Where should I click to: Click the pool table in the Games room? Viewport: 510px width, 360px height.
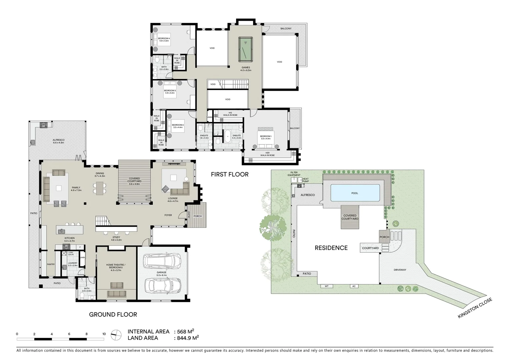245,49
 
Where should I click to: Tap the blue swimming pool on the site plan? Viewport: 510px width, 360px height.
355,193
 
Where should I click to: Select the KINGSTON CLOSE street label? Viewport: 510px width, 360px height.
475,308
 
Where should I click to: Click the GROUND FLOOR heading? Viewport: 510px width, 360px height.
113,314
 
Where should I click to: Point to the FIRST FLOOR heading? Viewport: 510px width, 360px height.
229,174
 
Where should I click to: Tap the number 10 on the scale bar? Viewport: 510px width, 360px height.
104,334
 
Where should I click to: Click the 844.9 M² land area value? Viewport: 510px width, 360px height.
186,338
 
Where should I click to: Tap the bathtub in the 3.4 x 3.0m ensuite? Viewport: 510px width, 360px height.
227,137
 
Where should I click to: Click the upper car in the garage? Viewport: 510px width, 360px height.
161,261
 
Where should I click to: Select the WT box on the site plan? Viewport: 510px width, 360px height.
327,286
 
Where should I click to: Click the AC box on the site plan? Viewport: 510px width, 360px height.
354,286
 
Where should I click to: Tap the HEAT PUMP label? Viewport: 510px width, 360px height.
305,180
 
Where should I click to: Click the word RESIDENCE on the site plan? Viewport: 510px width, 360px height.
331,248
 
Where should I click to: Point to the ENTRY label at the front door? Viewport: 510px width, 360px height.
189,216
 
